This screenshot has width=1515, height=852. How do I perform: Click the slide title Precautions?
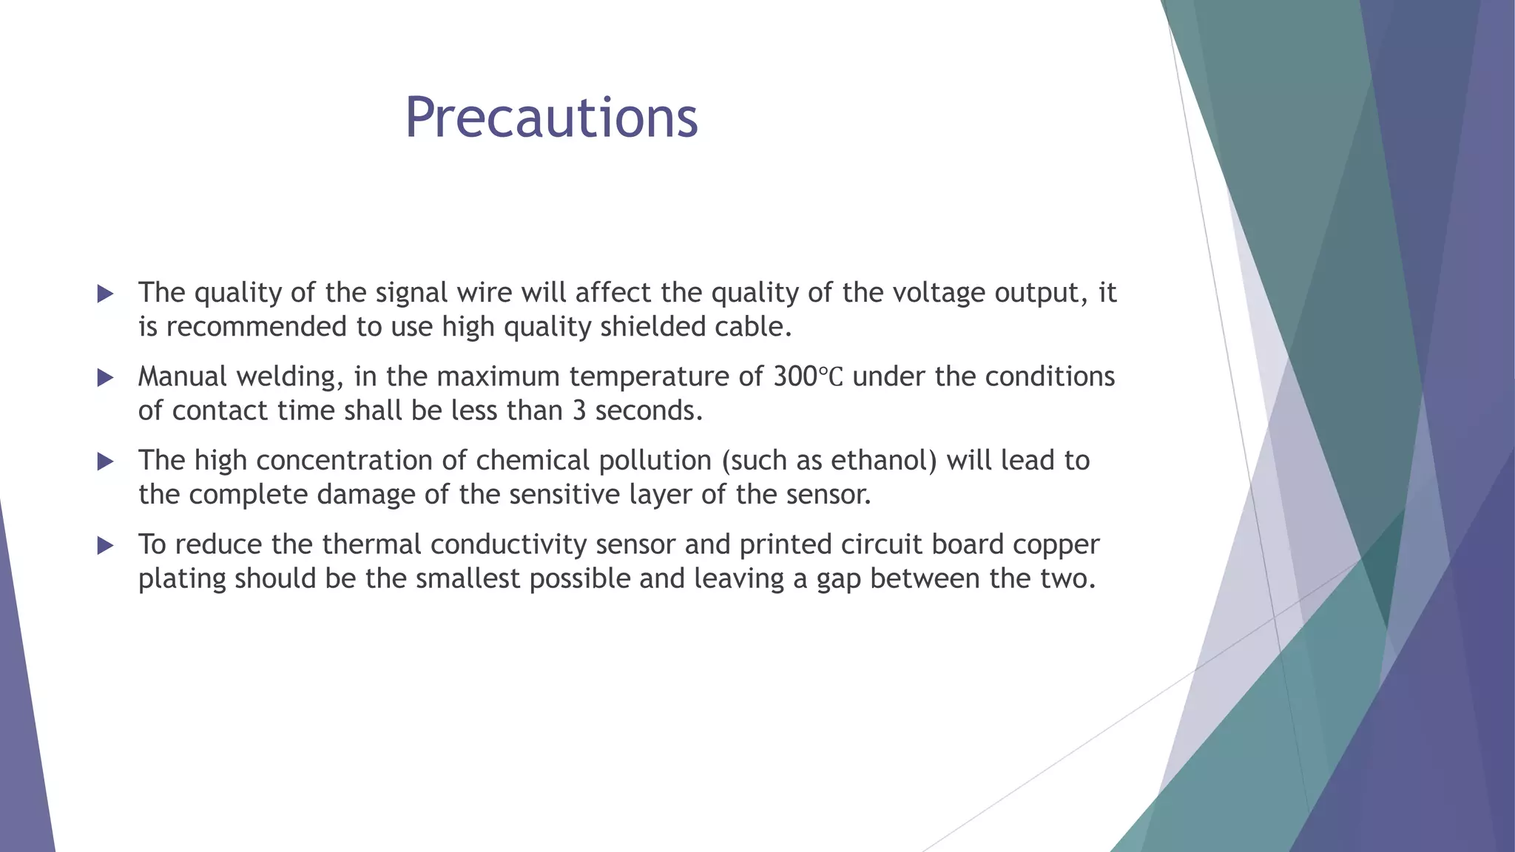click(551, 118)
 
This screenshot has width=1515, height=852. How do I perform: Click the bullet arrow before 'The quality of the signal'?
click(105, 294)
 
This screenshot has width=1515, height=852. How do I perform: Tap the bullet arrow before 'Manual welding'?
click(105, 378)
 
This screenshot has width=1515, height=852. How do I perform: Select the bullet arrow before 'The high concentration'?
click(105, 462)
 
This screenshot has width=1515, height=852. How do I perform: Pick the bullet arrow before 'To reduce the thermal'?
click(105, 546)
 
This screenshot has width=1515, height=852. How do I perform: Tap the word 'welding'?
click(290, 377)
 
